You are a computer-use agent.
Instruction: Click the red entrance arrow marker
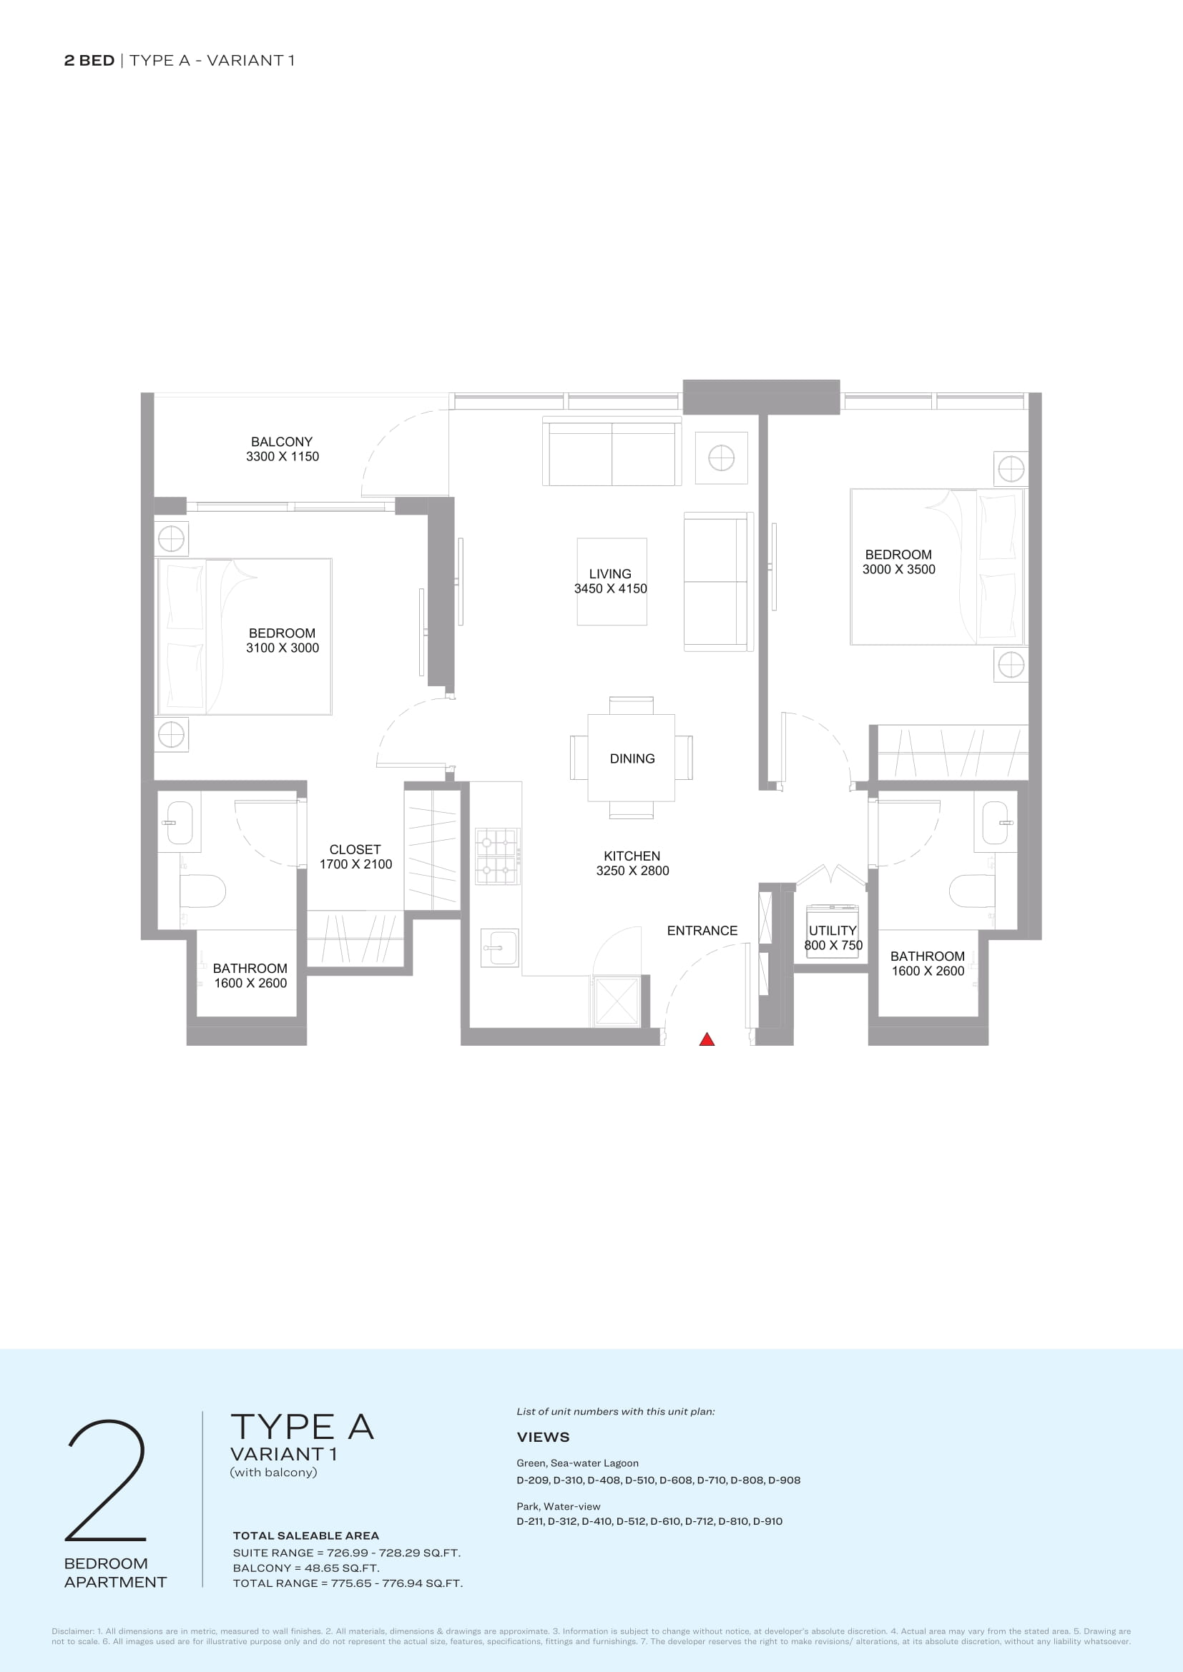coord(707,1039)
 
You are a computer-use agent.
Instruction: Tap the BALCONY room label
coord(282,442)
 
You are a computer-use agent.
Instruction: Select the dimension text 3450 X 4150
coord(610,588)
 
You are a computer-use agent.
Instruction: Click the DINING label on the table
coord(632,758)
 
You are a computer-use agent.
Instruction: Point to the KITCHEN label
coord(632,856)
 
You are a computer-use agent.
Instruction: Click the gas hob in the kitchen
coord(498,856)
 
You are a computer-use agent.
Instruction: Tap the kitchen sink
coord(500,948)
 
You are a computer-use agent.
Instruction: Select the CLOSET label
coord(355,849)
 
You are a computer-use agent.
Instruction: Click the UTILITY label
coord(833,931)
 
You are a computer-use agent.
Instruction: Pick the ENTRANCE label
coord(702,931)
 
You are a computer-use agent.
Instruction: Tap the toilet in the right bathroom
coord(973,890)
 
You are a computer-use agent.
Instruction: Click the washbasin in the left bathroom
coord(180,823)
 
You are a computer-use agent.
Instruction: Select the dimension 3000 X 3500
coord(899,570)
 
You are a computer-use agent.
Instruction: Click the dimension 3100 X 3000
coord(283,648)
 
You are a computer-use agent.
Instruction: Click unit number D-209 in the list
coord(533,1480)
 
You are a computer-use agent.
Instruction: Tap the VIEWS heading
coord(544,1437)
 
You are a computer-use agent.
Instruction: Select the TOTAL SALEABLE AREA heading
coord(306,1535)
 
